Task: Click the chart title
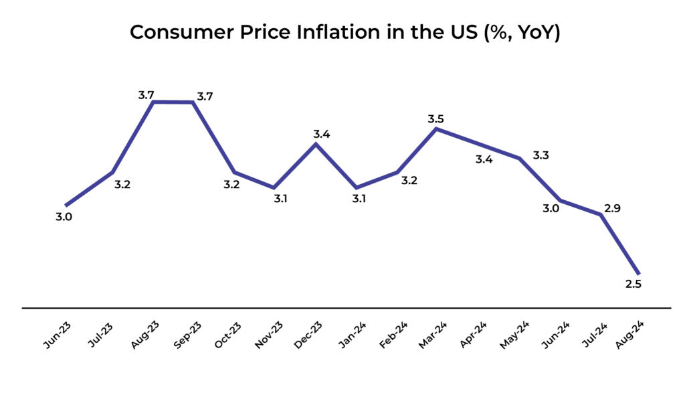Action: (x=345, y=31)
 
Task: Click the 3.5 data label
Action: (x=435, y=119)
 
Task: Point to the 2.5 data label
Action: (x=633, y=285)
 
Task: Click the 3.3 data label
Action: (x=541, y=156)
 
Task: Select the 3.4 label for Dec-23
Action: (x=322, y=134)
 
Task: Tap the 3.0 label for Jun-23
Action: (x=64, y=216)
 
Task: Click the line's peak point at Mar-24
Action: (x=436, y=129)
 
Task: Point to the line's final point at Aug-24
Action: (x=639, y=273)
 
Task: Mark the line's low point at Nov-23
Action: (x=274, y=187)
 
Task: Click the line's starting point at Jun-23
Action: (x=66, y=205)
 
